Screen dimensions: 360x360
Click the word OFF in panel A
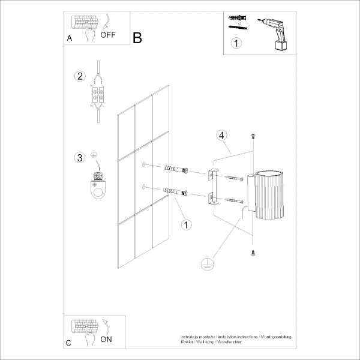(x=108, y=35)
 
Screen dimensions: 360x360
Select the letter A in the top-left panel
(x=70, y=38)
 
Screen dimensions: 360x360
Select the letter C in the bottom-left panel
(x=68, y=343)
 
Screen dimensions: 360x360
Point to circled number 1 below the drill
(x=236, y=43)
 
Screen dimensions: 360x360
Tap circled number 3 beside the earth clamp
(x=79, y=158)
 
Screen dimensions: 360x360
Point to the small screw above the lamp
(x=254, y=136)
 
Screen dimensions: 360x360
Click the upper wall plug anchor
(x=175, y=170)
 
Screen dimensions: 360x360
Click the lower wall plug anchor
(x=175, y=194)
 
